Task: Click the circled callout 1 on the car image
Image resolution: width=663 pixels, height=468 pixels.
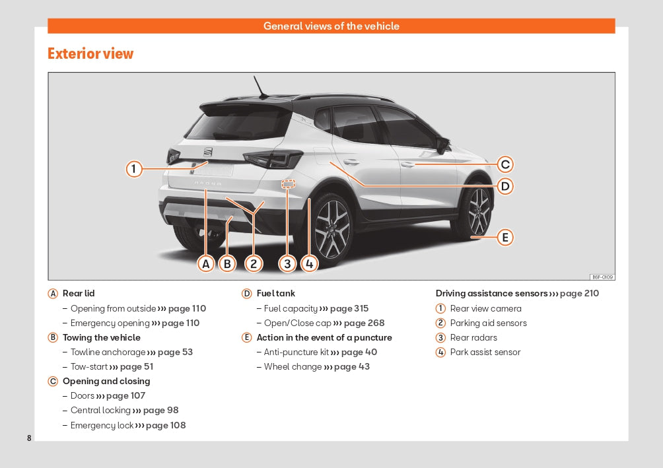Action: point(134,169)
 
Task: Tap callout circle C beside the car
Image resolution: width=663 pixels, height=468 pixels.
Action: point(505,164)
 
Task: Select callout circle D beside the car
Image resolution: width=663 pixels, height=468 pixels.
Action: point(505,186)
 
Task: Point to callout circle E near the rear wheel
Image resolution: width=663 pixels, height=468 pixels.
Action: point(505,237)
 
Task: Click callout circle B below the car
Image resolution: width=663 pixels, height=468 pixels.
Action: point(227,264)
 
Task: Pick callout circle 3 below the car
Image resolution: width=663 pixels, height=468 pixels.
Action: point(287,264)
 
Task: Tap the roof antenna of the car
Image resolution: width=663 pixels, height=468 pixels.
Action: point(260,86)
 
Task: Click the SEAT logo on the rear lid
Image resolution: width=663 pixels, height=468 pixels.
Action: point(208,152)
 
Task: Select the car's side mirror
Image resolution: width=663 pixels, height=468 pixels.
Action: point(442,145)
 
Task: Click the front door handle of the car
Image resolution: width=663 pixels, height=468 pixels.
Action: point(408,164)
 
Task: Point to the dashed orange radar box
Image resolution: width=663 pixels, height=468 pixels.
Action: point(289,184)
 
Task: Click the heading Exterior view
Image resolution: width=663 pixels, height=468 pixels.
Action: point(90,53)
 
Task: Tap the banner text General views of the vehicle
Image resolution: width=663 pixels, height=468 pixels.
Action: point(331,26)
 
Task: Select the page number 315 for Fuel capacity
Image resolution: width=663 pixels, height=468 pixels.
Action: point(361,309)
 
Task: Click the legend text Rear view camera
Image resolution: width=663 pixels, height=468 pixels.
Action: point(486,309)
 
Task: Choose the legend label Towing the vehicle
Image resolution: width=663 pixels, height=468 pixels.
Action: point(102,337)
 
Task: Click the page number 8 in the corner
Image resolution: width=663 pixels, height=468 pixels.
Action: point(29,438)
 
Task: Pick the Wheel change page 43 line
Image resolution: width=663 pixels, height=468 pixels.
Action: point(317,366)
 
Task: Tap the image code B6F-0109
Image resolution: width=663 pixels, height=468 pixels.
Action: point(602,277)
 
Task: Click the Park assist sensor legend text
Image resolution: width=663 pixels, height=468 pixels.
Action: point(485,352)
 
